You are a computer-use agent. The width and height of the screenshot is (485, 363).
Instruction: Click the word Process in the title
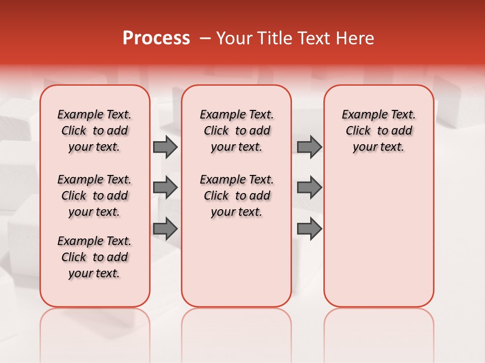[156, 38]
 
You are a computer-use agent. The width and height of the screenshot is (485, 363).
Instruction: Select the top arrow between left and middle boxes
[165, 147]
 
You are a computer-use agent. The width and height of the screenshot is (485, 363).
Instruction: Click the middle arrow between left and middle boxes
[165, 188]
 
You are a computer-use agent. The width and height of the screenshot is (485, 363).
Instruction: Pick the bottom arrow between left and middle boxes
[165, 229]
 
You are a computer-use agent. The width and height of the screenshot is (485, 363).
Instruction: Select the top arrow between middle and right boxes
[309, 147]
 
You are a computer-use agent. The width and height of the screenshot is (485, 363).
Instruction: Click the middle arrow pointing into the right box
[309, 188]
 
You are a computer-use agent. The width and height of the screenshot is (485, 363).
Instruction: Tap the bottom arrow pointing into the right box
[309, 229]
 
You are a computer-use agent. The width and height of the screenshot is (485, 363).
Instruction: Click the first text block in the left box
[94, 131]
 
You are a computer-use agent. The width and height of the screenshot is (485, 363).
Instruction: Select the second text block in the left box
[94, 196]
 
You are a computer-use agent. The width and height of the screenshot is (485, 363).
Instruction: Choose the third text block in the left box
[94, 257]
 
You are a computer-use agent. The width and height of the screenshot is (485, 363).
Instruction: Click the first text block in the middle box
[236, 131]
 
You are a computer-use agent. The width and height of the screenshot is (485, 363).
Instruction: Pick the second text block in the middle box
[236, 196]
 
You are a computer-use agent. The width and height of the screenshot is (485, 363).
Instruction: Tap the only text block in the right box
[379, 131]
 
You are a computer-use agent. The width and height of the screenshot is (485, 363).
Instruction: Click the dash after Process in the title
[205, 38]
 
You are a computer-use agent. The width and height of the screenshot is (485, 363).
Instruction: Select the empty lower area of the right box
[379, 237]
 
